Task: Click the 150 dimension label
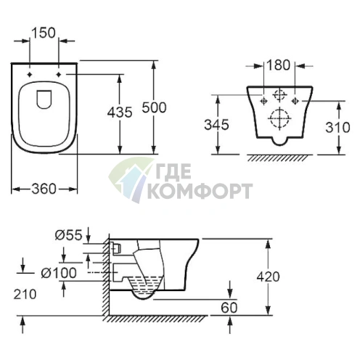click(x=44, y=33)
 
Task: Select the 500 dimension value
click(x=154, y=107)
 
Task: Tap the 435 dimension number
click(x=120, y=112)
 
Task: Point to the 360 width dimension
click(x=44, y=189)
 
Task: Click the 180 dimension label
click(x=278, y=65)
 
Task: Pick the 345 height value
click(x=216, y=125)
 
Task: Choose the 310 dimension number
click(x=337, y=127)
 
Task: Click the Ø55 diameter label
click(x=69, y=234)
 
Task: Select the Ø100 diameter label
click(x=59, y=273)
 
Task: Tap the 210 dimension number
click(x=25, y=295)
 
